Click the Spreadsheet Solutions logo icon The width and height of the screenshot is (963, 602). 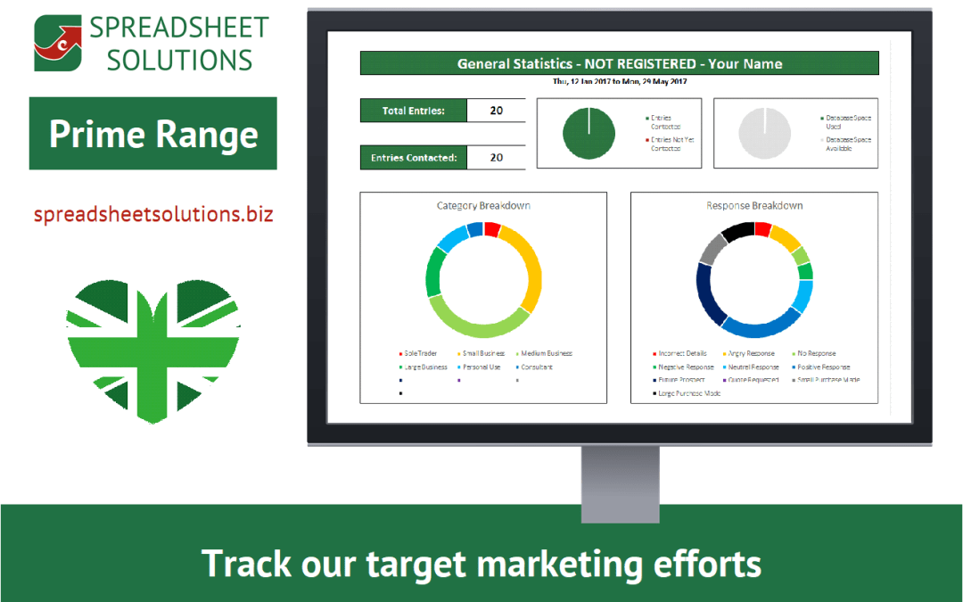click(x=56, y=43)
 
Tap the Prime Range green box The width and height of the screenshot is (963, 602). click(x=153, y=134)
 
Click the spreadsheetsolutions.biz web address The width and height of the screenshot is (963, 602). click(x=153, y=215)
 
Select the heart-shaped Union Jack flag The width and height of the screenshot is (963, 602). click(x=152, y=349)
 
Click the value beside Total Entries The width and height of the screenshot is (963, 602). click(x=497, y=111)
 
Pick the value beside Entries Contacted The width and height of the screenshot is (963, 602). click(x=497, y=158)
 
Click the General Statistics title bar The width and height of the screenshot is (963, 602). click(x=619, y=63)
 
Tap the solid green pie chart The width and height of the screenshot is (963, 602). click(x=588, y=133)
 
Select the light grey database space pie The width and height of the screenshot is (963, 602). click(x=764, y=133)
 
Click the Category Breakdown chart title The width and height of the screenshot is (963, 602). click(x=483, y=205)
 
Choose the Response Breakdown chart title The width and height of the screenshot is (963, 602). click(x=754, y=205)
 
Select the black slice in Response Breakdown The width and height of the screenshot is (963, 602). click(x=737, y=231)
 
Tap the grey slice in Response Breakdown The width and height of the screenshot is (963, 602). click(x=710, y=250)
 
